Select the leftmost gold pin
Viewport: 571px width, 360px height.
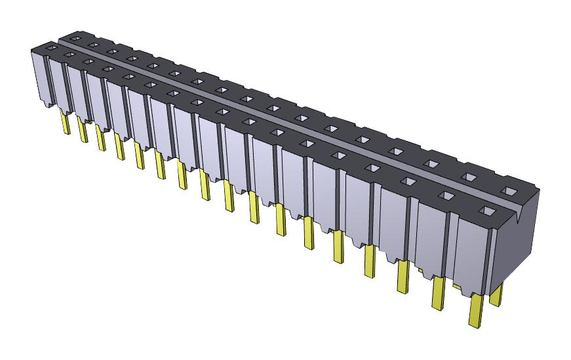(66, 123)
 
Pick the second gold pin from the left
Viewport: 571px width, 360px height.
(83, 130)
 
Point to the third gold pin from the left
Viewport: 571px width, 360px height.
(100, 140)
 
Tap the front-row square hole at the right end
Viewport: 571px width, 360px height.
(486, 211)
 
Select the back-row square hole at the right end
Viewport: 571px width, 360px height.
(508, 191)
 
